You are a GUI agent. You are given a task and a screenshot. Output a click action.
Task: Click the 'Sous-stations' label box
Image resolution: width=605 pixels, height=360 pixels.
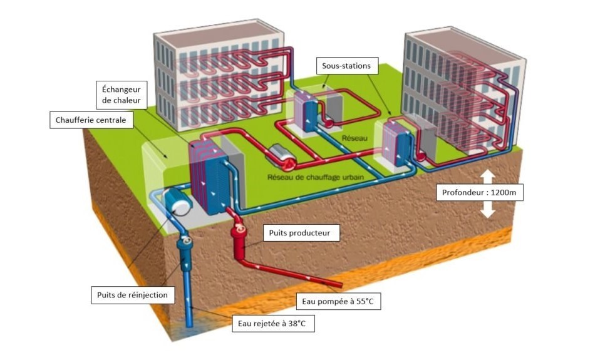[346, 65]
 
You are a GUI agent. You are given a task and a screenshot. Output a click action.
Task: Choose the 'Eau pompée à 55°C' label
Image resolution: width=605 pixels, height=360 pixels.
[338, 302]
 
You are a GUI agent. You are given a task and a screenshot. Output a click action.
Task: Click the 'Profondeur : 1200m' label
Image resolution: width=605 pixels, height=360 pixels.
[480, 192]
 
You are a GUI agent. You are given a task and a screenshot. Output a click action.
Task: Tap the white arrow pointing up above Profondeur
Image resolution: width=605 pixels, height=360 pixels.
[488, 172]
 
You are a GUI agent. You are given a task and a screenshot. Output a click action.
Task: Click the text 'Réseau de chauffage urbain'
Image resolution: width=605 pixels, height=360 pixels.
[316, 177]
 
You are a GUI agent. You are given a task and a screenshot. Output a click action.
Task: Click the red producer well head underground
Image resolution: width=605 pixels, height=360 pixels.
[240, 238]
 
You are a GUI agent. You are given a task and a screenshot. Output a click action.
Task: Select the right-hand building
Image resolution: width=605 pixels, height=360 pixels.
[463, 91]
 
